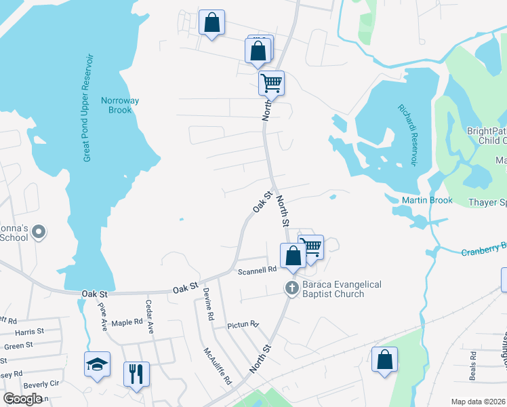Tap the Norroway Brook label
120,105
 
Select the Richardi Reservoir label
408,135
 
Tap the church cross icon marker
292,288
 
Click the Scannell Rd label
258,270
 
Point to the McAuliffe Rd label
218,366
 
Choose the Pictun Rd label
243,325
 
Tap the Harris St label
29,332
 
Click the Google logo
22,399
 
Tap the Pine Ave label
103,316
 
